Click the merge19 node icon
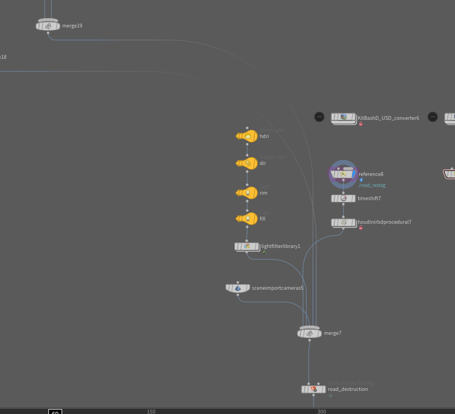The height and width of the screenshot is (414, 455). click(x=48, y=26)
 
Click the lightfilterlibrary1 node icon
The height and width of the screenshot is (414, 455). click(x=247, y=246)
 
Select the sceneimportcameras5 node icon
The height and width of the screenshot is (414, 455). click(x=238, y=288)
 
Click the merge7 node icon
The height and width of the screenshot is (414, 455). click(x=309, y=333)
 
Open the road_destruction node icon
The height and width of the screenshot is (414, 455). click(x=314, y=389)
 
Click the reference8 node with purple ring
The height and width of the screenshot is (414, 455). click(x=343, y=174)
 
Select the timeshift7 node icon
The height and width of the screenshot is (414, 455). click(x=343, y=198)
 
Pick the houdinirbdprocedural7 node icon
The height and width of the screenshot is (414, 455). click(x=343, y=223)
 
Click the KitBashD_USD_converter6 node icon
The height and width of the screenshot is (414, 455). click(x=343, y=118)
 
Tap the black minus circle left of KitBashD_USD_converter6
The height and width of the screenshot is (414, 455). click(x=319, y=117)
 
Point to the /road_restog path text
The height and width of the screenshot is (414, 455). click(x=372, y=185)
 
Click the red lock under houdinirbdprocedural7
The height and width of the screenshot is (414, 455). click(x=361, y=228)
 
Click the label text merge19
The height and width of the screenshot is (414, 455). click(x=72, y=26)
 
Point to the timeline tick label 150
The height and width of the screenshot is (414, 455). click(x=151, y=411)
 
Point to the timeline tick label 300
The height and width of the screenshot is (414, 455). click(x=322, y=411)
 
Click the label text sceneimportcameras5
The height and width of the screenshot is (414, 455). click(x=277, y=288)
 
